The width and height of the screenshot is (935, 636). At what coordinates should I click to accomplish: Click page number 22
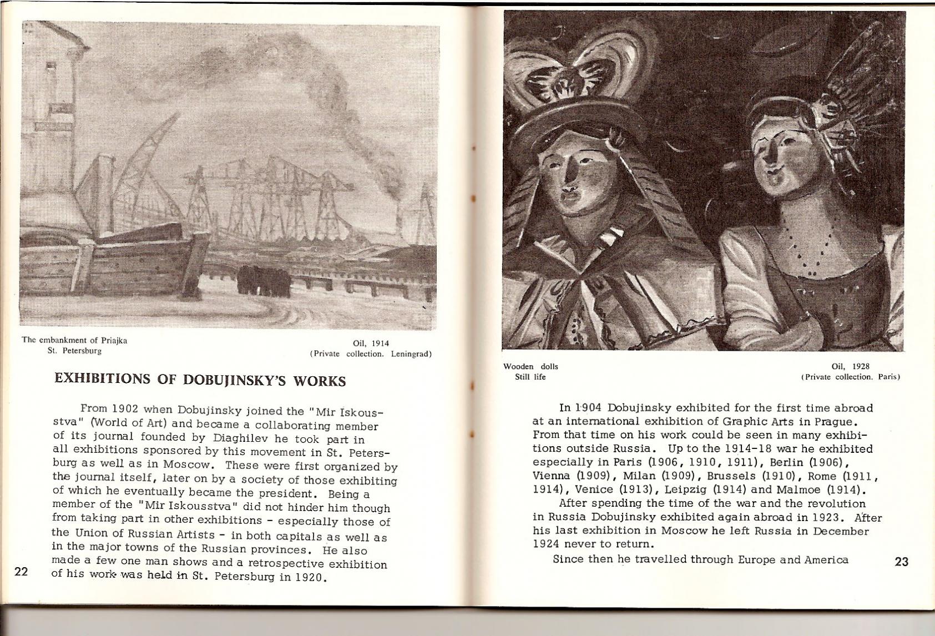[x=21, y=572]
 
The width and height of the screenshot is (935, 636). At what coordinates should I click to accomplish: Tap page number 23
[x=902, y=562]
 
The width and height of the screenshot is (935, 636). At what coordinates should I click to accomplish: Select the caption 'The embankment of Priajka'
[x=74, y=340]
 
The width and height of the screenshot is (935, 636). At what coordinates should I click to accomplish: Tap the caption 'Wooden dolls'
[x=530, y=366]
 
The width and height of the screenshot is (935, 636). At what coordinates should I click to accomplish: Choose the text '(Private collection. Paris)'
[x=850, y=377]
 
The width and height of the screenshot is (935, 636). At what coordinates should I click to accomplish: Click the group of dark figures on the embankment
[x=264, y=280]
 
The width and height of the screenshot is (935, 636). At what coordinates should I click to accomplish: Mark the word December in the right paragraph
[x=841, y=531]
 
